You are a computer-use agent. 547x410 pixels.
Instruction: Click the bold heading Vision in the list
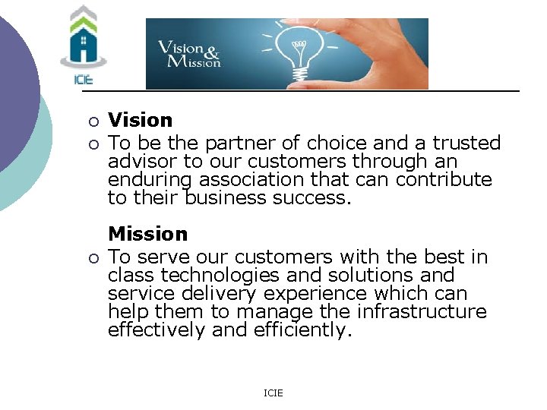(141, 120)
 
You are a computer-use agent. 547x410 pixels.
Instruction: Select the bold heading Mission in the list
(147, 234)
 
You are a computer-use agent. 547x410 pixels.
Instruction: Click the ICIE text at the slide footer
(273, 393)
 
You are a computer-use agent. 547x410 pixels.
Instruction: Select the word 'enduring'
(150, 181)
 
